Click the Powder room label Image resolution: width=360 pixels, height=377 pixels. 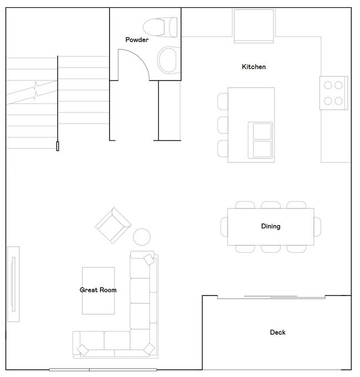tap(137, 40)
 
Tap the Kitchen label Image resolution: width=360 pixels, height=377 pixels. tap(254, 67)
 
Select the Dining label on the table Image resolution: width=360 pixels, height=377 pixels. tap(270, 226)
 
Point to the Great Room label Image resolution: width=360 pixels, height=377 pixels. tap(98, 290)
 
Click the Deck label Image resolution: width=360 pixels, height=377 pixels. tap(277, 333)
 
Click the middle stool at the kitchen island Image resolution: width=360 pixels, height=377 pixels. tap(223, 124)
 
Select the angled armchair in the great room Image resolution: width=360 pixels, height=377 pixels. tap(114, 224)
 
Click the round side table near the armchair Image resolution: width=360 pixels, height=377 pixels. tap(142, 237)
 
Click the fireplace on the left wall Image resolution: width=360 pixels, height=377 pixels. tap(13, 284)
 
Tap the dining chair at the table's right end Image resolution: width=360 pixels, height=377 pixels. tap(317, 226)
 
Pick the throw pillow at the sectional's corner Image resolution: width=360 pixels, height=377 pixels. tap(148, 349)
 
